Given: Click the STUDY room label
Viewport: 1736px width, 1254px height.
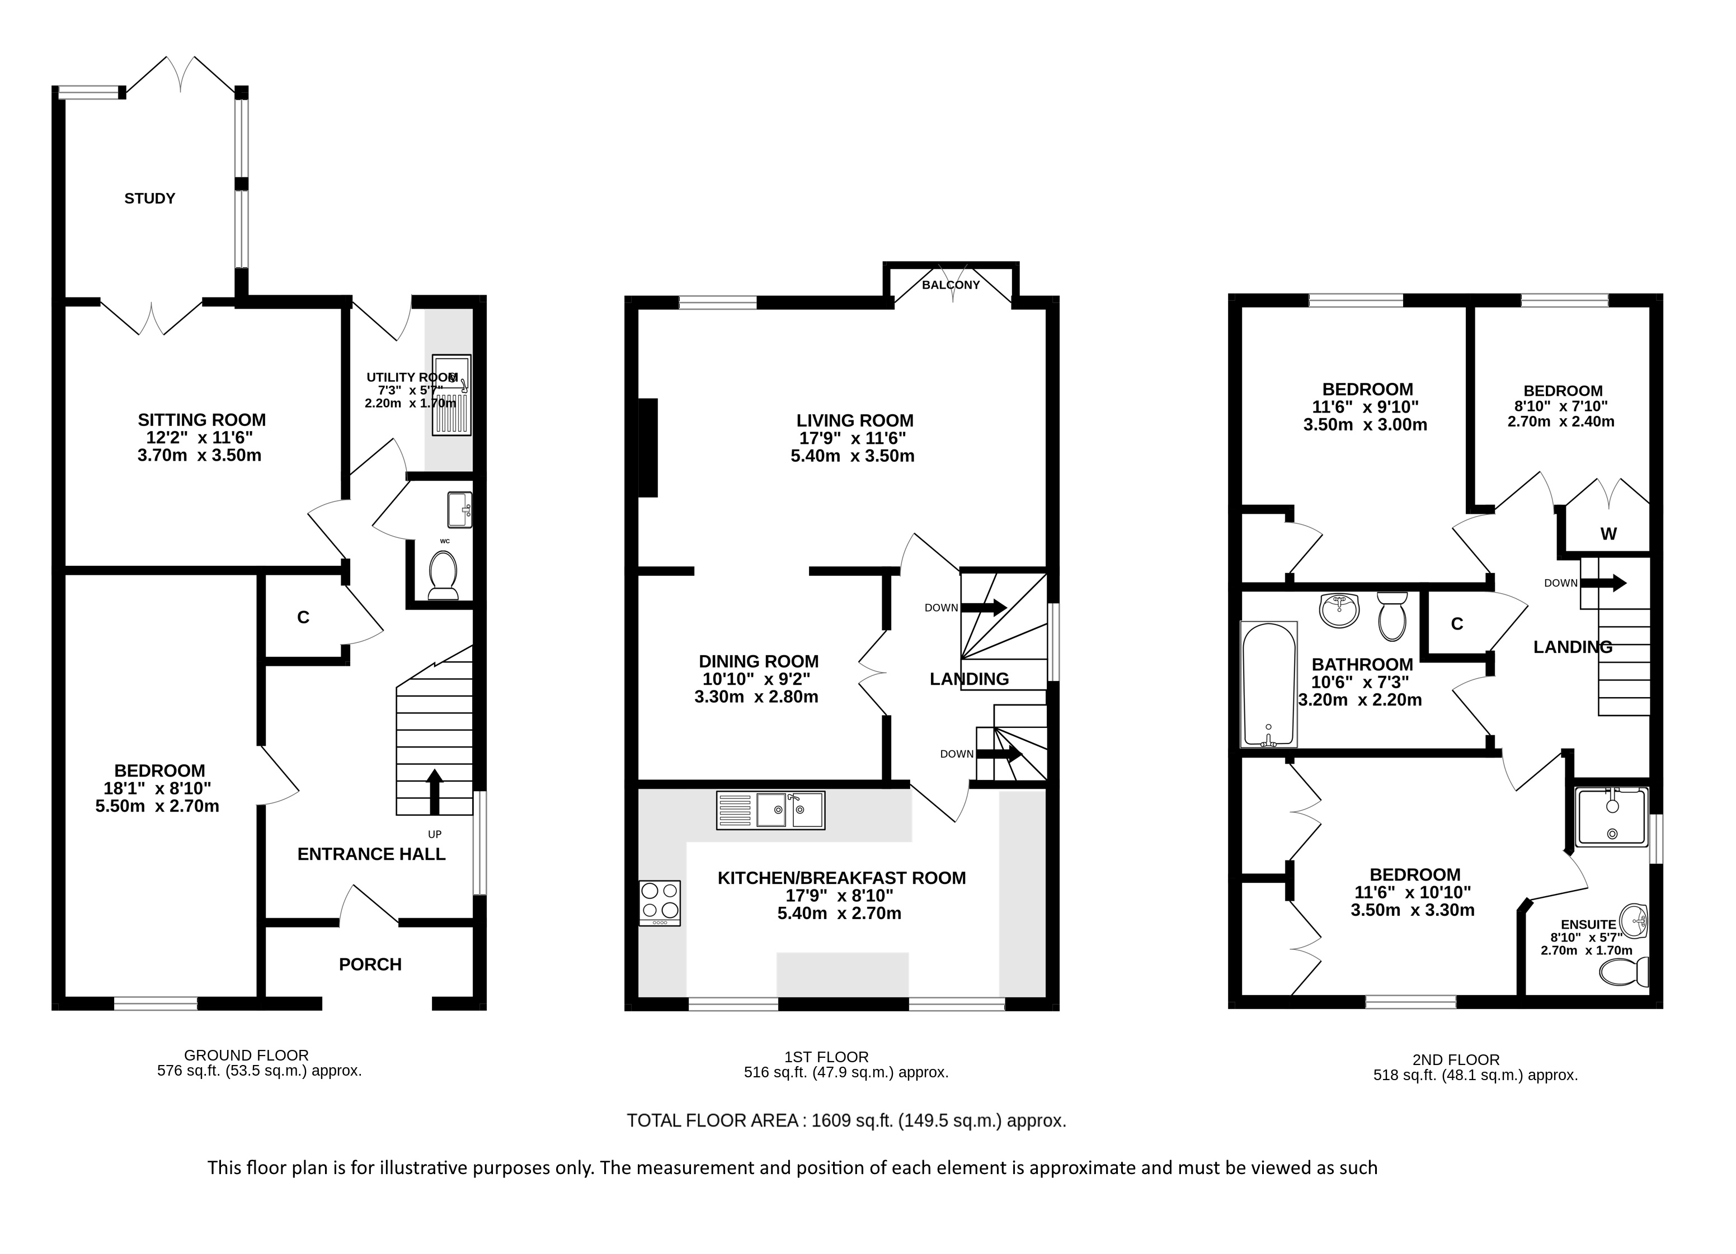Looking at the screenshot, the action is (150, 198).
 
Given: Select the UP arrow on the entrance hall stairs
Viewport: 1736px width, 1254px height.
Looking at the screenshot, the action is (434, 791).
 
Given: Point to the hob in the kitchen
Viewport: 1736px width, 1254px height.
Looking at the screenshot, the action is (660, 903).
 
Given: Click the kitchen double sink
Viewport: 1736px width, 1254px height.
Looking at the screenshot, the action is (771, 810).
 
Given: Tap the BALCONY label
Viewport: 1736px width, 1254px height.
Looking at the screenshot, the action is (951, 285).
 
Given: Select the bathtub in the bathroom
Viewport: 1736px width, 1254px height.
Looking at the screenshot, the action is (1268, 684).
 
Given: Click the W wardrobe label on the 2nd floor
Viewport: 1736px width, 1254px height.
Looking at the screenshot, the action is (1608, 533).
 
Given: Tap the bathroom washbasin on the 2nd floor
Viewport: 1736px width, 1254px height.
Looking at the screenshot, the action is (1339, 610).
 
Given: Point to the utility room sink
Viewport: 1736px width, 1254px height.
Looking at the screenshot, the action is (451, 396).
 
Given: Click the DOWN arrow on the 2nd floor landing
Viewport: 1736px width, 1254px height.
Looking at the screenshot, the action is (1603, 583).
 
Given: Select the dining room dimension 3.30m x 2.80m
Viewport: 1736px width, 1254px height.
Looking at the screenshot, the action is (756, 697).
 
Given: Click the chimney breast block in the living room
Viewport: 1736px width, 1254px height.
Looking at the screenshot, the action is (647, 448).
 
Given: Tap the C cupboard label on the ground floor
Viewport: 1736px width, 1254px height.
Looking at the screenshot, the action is (303, 617).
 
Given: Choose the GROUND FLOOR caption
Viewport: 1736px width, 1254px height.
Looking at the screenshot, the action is (247, 1055).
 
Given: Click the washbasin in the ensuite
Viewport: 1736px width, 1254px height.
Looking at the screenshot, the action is (1636, 921).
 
